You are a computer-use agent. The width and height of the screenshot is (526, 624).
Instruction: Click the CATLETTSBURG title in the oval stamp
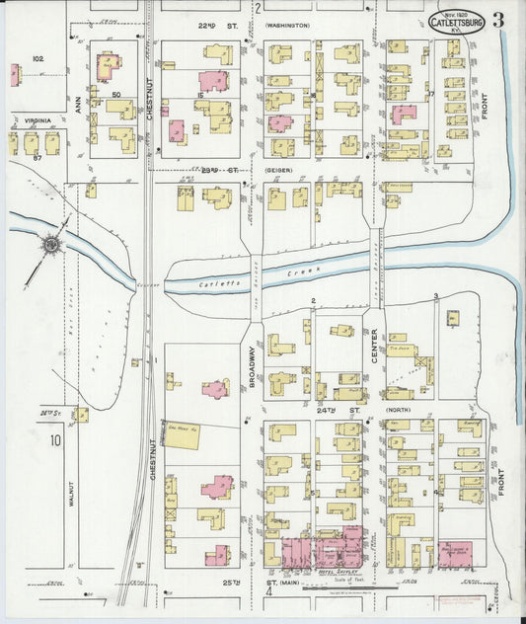(x=455, y=23)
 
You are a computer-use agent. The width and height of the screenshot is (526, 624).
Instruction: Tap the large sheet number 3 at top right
(x=499, y=20)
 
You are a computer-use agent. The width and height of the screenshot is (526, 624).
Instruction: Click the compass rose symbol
(x=48, y=242)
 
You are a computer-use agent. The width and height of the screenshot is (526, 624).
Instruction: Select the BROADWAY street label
(x=253, y=366)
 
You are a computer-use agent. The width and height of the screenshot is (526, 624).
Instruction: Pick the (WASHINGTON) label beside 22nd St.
(x=287, y=25)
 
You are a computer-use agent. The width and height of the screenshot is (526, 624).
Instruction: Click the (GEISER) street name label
(x=280, y=170)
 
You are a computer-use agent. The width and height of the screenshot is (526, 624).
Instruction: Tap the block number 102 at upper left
(x=38, y=59)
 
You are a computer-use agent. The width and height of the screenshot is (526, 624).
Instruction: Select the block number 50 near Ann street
(x=115, y=94)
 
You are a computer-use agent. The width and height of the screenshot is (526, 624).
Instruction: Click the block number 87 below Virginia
(x=37, y=157)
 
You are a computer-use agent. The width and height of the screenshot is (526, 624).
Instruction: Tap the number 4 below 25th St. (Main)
(x=267, y=594)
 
